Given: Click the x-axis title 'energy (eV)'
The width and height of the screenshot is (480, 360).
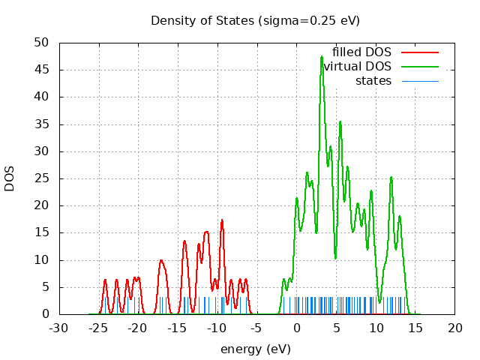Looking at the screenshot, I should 255,349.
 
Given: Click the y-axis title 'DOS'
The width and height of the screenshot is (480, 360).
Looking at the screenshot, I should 10,178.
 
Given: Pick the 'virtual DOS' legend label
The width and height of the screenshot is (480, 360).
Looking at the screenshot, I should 358,67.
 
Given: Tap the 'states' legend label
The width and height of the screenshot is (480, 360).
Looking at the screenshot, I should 373,81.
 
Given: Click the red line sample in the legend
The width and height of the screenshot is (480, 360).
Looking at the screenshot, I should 419,52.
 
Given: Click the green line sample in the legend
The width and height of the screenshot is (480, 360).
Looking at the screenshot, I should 419,67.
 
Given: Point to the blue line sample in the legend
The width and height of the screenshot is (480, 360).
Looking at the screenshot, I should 419,81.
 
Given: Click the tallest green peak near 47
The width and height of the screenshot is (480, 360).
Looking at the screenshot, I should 322,57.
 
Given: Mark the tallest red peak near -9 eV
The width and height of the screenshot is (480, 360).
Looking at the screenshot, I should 222,220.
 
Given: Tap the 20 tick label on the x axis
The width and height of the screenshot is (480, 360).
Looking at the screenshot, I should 455,328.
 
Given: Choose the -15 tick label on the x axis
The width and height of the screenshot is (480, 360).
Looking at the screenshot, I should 178,328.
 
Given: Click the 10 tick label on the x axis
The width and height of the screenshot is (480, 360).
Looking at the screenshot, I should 376,328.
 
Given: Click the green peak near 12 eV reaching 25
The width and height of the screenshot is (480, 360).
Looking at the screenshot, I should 391,178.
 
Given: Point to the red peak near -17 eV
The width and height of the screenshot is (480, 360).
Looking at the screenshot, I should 161,261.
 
